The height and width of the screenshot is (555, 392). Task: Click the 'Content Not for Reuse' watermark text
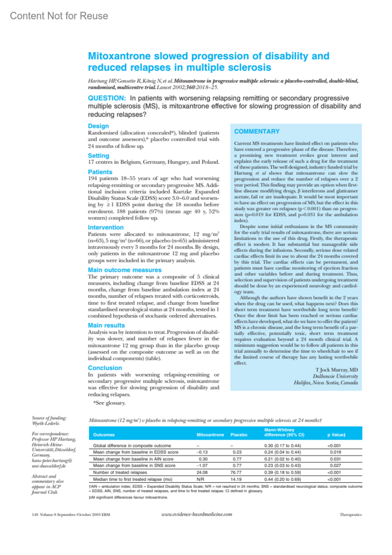coord(59,16)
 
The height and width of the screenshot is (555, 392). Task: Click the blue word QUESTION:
coord(107,98)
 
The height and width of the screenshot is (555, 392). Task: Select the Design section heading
coord(98,126)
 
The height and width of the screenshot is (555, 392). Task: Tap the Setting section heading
coord(98,156)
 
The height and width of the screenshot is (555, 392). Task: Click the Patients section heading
coord(100,172)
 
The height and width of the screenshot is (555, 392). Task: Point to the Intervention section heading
coord(106,227)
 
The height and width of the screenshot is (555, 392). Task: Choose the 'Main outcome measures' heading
coord(124,270)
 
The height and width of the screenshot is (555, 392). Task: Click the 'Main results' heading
coord(106,325)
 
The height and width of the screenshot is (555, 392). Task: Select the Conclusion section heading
coord(105,368)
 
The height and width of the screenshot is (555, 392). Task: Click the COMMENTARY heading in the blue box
coord(257,131)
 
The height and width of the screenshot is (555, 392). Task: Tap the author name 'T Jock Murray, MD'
coord(336,370)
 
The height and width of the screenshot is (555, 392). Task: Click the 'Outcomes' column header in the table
coord(104,435)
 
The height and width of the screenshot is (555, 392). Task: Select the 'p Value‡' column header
coord(336,435)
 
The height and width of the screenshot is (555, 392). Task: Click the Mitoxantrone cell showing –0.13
coord(202,452)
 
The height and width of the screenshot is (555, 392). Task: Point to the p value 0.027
coord(335,465)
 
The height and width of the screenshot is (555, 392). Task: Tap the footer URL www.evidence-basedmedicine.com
coord(197,514)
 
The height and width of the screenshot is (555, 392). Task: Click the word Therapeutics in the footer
coord(351,514)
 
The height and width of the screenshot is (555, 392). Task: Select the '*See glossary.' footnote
coord(109,403)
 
